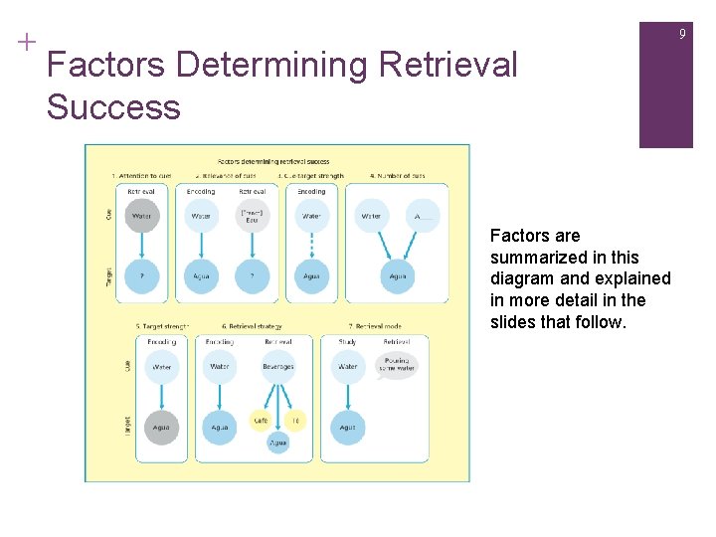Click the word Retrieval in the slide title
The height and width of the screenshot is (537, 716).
coord(447,66)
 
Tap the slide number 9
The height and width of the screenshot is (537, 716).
coord(682,35)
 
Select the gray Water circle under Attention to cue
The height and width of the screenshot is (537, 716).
coord(142,216)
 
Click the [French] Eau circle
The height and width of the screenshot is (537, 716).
coord(253,216)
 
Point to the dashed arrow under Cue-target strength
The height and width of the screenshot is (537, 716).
coord(311,246)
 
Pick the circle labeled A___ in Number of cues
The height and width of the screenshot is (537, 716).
coord(423,216)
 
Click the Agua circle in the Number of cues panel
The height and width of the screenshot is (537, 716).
coord(398,277)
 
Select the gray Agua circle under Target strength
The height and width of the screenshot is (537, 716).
coord(161,428)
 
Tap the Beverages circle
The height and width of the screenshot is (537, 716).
coord(278,367)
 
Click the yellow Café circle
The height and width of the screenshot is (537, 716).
coord(261,422)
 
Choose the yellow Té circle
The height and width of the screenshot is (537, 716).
coord(295,422)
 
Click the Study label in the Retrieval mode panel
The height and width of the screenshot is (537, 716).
coord(347,341)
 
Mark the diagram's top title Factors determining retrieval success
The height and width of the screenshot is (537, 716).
coord(274,161)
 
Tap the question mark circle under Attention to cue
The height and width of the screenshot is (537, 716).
coord(142,277)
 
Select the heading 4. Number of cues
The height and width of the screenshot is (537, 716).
coord(398,176)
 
